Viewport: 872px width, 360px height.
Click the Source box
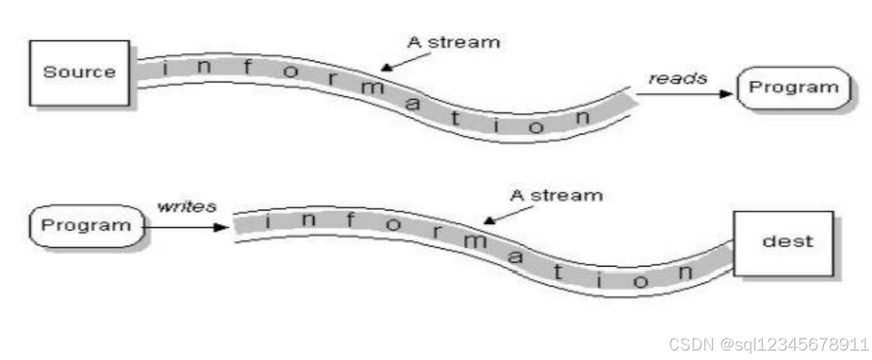coord(78,72)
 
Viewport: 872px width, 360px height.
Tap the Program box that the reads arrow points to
coord(792,88)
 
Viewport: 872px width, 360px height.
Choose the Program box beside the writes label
coord(85,225)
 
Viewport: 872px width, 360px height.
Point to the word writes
coord(186,207)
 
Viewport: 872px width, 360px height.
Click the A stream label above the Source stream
coord(453,42)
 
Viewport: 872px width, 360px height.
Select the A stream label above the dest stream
coord(555,194)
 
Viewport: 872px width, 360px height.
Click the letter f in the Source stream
coord(247,67)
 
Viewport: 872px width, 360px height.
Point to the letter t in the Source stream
coord(494,124)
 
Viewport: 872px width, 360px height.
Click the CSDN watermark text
coord(768,345)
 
